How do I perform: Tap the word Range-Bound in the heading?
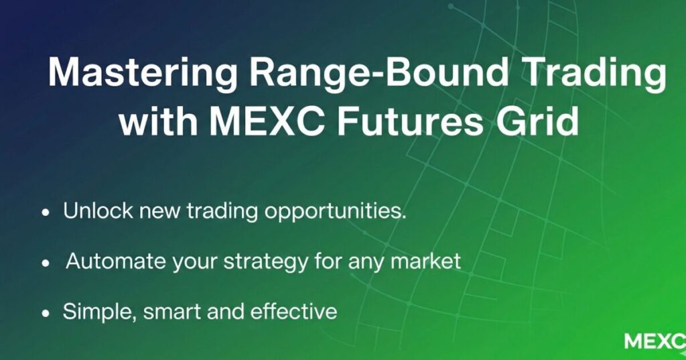click(x=379, y=70)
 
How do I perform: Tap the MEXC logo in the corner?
click(x=655, y=341)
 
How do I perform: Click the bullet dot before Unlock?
click(x=46, y=213)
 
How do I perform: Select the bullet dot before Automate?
click(x=46, y=263)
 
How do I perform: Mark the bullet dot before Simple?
click(x=46, y=314)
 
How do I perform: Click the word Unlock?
click(x=98, y=211)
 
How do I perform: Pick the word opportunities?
click(x=336, y=213)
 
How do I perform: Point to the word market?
click(x=425, y=261)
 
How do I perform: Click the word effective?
click(x=293, y=311)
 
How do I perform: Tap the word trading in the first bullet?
click(x=222, y=213)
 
